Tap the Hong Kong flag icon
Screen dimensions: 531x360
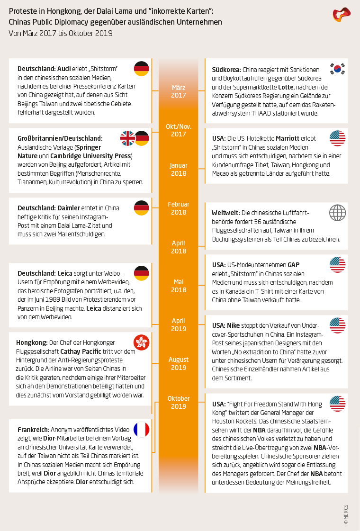click(142, 341)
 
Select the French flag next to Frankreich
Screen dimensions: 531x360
click(142, 429)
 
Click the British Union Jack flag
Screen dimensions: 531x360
click(127, 138)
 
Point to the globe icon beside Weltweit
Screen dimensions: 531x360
click(337, 212)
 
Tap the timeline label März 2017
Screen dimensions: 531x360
click(179, 91)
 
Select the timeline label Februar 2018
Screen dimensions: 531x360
click(179, 208)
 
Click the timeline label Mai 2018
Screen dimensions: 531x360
click(179, 286)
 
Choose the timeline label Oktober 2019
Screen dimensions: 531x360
click(179, 403)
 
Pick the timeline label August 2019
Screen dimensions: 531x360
click(179, 364)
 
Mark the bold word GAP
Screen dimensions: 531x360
click(294, 265)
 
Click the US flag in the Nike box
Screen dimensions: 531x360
click(337, 325)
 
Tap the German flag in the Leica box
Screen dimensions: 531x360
click(142, 273)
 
